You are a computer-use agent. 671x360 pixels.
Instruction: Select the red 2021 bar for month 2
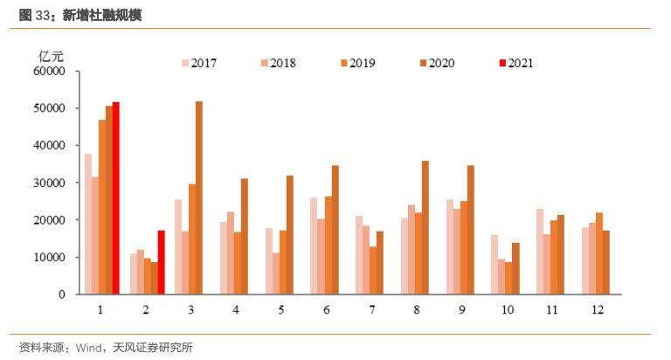pos(161,262)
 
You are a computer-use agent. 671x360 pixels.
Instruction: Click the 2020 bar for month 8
pos(425,227)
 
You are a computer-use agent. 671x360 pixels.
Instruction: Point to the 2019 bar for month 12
pos(598,253)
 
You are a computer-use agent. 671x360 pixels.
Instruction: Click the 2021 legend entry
pos(515,63)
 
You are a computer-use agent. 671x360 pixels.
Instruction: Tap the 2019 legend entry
pos(356,63)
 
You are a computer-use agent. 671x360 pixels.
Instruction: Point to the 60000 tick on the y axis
pos(52,72)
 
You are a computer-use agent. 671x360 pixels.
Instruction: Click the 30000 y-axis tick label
pos(52,183)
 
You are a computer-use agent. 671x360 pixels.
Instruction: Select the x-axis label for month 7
pos(372,310)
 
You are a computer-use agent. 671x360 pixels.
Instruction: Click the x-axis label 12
pos(598,310)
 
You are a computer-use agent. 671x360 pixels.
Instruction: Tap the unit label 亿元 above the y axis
pos(51,53)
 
